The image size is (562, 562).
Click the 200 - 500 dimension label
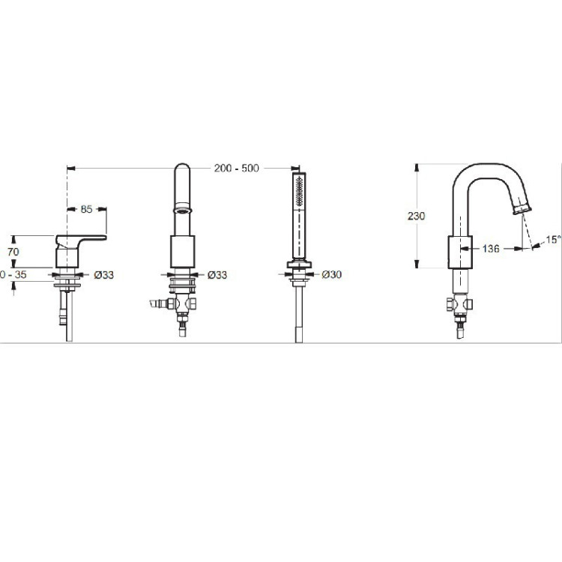coord(236,168)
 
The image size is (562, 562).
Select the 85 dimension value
coord(86,209)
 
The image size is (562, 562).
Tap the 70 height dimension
coord(13,252)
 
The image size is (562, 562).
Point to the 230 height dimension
coord(416,216)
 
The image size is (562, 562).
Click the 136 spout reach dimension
coord(491,248)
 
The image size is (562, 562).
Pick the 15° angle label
coord(554,240)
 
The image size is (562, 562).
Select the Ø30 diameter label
coord(331,274)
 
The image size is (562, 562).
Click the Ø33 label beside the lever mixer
coord(104,275)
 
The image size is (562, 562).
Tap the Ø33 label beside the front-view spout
coord(217,275)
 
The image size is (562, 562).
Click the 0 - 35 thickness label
coord(13,274)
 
